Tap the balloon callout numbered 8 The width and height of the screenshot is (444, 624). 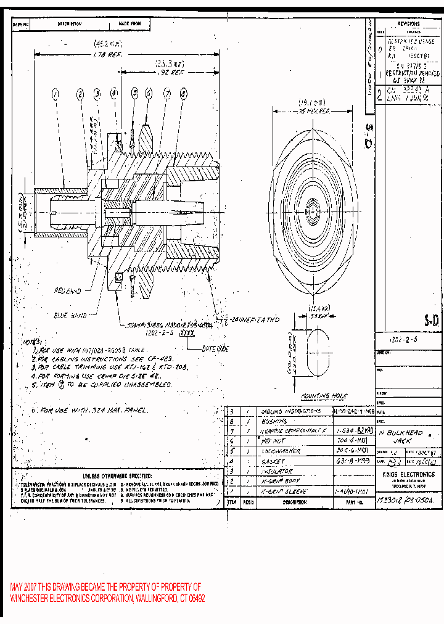(183, 94)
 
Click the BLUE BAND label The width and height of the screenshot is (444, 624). (70, 315)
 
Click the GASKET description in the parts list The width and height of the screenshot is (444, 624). (273, 461)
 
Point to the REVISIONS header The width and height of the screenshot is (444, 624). (408, 23)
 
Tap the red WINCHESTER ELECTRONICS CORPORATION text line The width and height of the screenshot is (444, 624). (107, 599)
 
